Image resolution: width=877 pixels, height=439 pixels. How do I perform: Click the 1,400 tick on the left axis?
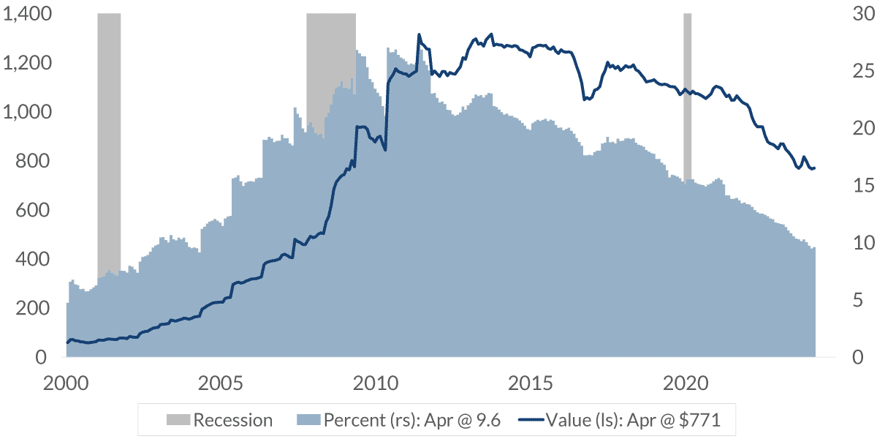click(27, 14)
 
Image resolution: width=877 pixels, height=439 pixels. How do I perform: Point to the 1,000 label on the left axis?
click(27, 112)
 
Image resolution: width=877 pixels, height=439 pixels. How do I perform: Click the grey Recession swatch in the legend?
click(178, 419)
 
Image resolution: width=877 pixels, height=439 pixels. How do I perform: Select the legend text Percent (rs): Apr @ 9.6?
click(412, 420)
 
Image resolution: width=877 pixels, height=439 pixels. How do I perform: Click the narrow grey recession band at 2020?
click(687, 95)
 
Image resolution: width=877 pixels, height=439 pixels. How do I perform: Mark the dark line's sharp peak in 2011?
click(419, 34)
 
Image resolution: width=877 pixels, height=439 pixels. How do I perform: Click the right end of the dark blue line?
click(815, 168)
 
